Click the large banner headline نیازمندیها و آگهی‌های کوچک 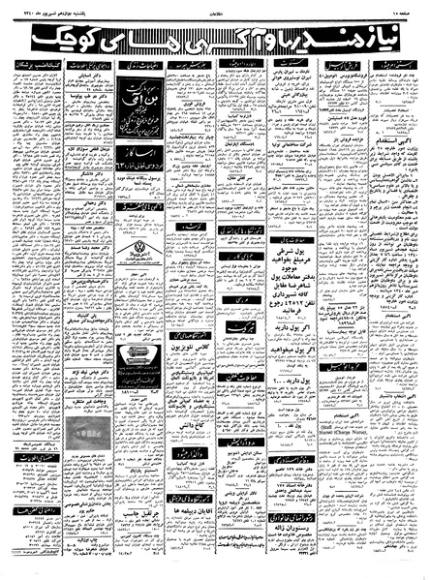point(215,39)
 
